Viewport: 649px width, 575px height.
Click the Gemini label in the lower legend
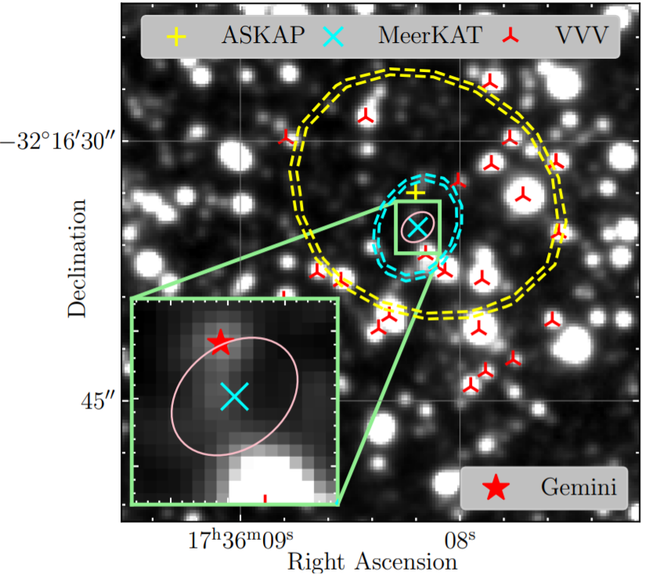pyautogui.click(x=578, y=487)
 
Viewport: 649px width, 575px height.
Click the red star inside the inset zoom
pyautogui.click(x=220, y=340)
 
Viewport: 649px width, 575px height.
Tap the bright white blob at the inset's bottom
pyautogui.click(x=270, y=477)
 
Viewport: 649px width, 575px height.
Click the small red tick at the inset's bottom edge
pyautogui.click(x=265, y=498)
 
